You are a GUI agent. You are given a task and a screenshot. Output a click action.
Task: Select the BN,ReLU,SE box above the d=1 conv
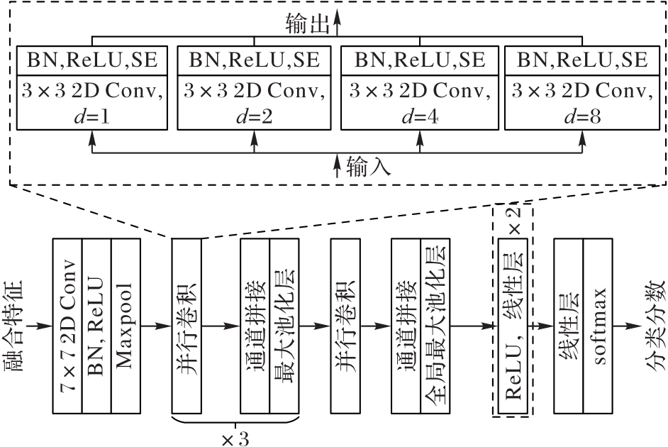pyautogui.click(x=91, y=60)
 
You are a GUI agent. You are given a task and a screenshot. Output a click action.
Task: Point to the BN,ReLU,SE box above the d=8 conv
pyautogui.click(x=582, y=60)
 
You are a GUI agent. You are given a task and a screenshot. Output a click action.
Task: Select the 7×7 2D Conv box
pyautogui.click(x=68, y=326)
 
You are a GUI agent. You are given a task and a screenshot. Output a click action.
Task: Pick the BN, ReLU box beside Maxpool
pyautogui.click(x=97, y=326)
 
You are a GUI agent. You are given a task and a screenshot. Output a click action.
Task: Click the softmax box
pyautogui.click(x=599, y=326)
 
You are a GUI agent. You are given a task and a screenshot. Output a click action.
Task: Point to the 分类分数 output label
pyautogui.click(x=654, y=326)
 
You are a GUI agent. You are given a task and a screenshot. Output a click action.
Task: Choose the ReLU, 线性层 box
pyautogui.click(x=512, y=326)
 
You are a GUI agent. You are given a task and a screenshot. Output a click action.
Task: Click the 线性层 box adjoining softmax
pyautogui.click(x=569, y=326)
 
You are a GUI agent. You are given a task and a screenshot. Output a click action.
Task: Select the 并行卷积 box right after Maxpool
pyautogui.click(x=187, y=326)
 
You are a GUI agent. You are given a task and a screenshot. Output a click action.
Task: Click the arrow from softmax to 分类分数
pyautogui.click(x=628, y=326)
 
